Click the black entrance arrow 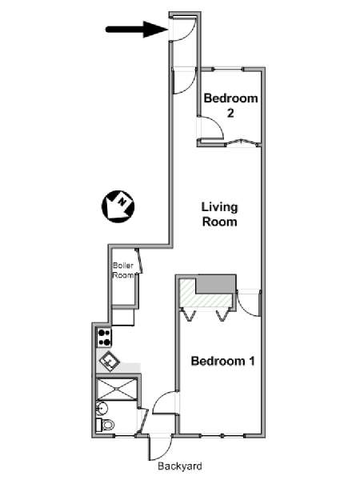click(137, 30)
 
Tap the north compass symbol click(118, 206)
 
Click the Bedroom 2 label click(231, 106)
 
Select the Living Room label click(219, 214)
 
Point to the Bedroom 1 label click(223, 361)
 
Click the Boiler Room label click(123, 270)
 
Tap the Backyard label click(180, 466)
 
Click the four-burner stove click(104, 338)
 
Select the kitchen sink click(110, 362)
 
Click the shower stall click(116, 389)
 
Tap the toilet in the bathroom click(105, 425)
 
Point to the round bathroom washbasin click(102, 408)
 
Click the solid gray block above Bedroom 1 click(215, 284)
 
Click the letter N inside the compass click(122, 202)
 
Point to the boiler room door click(139, 261)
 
